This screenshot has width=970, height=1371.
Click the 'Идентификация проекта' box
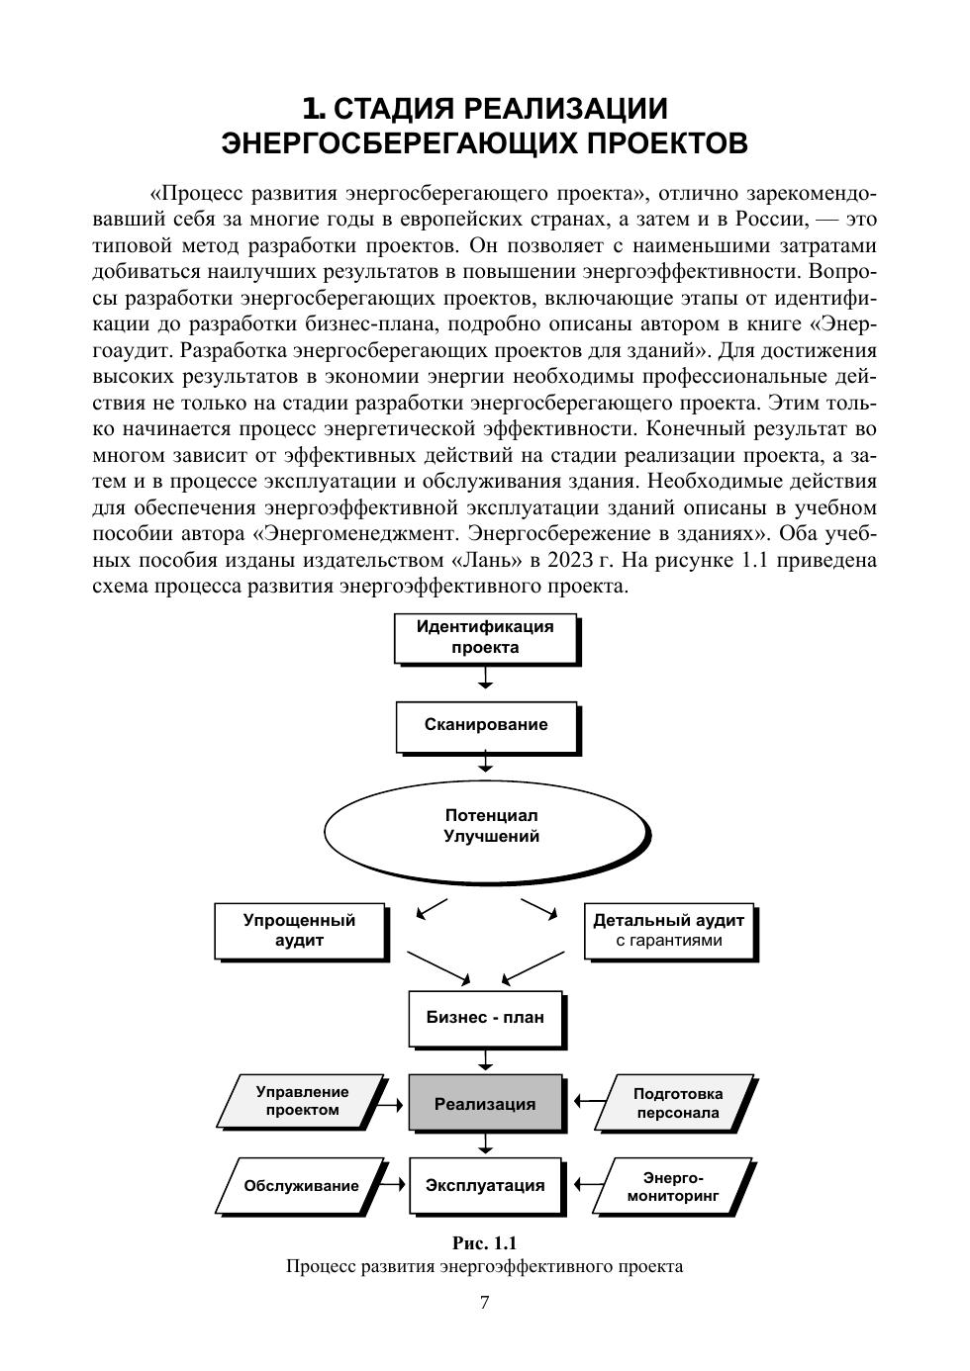pyautogui.click(x=485, y=638)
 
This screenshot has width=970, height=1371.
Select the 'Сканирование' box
pyautogui.click(x=485, y=725)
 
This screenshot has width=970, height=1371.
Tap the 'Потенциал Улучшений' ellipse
pyautogui.click(x=485, y=827)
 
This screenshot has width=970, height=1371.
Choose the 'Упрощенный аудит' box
pyautogui.click(x=299, y=930)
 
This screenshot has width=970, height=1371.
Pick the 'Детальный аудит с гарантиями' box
pyautogui.click(x=668, y=930)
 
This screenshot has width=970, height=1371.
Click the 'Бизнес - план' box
pyautogui.click(x=485, y=1017)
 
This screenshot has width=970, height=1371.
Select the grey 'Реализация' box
pyautogui.click(x=485, y=1104)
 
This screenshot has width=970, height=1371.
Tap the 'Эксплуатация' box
pyautogui.click(x=485, y=1185)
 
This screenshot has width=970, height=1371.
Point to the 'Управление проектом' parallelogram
pyautogui.click(x=302, y=1101)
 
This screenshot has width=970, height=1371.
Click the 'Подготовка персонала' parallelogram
pyautogui.click(x=677, y=1103)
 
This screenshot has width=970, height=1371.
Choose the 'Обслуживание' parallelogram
pyautogui.click(x=302, y=1185)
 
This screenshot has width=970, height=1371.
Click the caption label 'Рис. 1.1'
pyautogui.click(x=485, y=1243)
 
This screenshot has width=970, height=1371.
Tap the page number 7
pyautogui.click(x=485, y=1303)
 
